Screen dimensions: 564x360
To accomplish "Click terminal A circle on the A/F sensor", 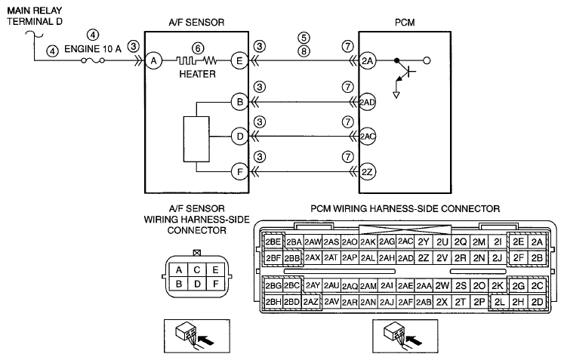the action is (153, 61).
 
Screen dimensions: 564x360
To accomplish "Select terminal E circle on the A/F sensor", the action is (239, 61).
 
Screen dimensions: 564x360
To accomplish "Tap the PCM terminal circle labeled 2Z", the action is (367, 172).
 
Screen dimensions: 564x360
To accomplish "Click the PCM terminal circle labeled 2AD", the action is (367, 102).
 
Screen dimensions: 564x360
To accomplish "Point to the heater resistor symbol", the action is (197, 60).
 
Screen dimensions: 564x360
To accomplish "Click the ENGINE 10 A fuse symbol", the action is (93, 60).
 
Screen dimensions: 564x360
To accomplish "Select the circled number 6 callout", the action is (198, 48).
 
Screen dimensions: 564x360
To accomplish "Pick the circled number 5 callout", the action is (304, 38).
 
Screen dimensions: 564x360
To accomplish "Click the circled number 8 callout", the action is (304, 51).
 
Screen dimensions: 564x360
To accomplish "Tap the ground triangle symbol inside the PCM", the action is (396, 95).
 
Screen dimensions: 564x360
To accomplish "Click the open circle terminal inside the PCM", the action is (427, 60).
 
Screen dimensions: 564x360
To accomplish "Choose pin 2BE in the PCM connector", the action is (273, 242).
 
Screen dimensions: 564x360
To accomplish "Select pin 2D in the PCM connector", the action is (537, 302).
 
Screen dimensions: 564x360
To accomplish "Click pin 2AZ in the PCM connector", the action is (310, 302).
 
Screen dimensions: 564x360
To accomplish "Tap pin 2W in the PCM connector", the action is (442, 285).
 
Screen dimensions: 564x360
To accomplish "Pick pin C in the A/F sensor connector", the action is (197, 269).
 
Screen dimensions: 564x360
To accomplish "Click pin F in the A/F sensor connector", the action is (215, 284).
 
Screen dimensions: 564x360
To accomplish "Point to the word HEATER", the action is (198, 74).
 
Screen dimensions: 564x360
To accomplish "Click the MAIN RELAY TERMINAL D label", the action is (35, 16).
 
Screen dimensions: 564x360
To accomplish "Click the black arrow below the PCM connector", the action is (414, 340).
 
